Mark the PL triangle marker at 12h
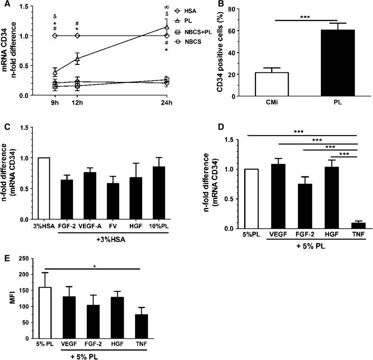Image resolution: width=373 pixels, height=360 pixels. coord(77,59)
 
